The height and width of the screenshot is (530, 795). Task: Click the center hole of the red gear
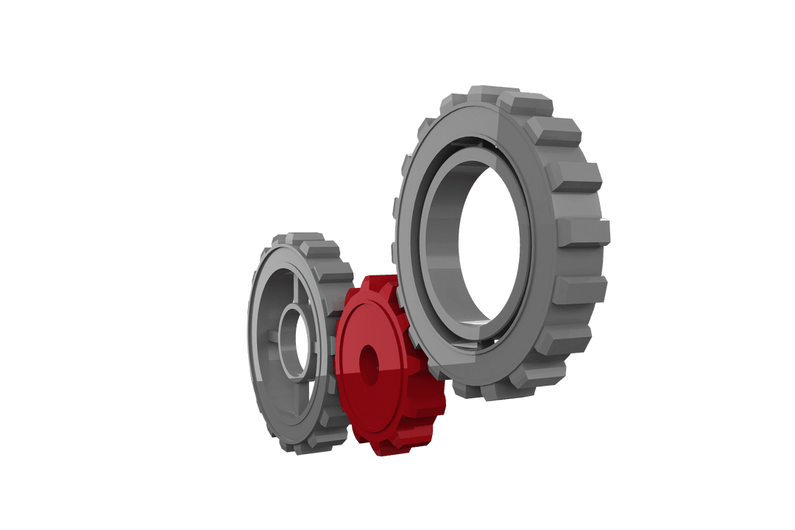(368, 366)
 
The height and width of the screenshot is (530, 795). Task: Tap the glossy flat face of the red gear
(358, 401)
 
